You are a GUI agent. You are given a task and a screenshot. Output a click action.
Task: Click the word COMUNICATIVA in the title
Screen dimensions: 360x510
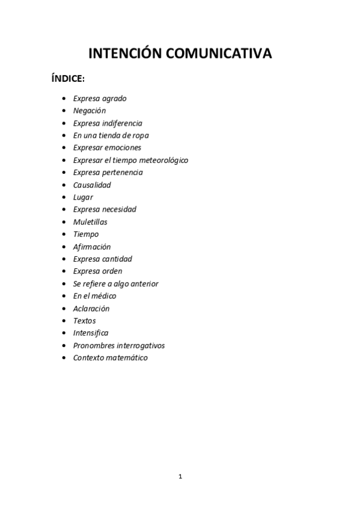click(x=219, y=54)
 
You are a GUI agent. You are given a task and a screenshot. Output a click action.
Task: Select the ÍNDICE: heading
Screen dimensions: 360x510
click(x=68, y=79)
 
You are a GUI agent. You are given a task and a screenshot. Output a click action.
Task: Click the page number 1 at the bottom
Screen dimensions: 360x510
click(x=180, y=477)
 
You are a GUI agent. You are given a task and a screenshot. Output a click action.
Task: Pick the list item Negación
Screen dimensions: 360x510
click(x=89, y=111)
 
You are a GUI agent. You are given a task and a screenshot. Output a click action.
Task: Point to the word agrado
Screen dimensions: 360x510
click(x=114, y=98)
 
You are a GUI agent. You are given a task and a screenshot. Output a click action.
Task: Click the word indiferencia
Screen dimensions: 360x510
click(x=122, y=123)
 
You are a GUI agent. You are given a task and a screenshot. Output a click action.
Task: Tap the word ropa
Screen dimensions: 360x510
click(x=139, y=135)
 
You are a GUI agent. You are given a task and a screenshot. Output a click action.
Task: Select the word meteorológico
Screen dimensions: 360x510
click(x=164, y=160)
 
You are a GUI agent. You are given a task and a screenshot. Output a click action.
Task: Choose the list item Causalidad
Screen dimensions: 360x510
click(x=92, y=185)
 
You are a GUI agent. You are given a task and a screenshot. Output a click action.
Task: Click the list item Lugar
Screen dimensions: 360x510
click(x=83, y=197)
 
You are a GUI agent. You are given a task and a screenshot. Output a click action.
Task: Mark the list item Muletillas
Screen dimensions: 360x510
click(x=90, y=222)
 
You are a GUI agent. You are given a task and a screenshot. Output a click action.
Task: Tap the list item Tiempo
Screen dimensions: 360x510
click(x=85, y=234)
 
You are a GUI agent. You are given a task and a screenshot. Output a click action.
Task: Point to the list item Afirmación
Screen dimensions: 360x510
click(x=92, y=247)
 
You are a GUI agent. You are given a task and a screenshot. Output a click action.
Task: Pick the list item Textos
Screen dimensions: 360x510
click(x=84, y=321)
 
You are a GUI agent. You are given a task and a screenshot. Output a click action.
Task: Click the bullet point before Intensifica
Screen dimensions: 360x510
click(x=64, y=333)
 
